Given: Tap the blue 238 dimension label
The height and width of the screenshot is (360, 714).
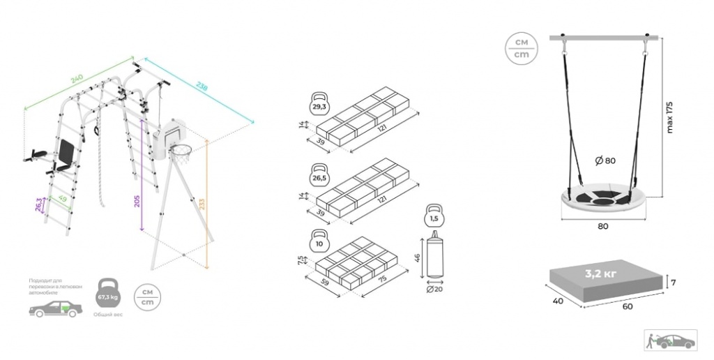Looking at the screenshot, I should point(202,88).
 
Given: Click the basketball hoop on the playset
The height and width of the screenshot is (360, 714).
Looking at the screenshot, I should point(182,151).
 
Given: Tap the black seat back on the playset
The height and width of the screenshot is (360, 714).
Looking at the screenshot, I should point(67,149).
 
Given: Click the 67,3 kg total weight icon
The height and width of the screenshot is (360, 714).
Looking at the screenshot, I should point(107,294).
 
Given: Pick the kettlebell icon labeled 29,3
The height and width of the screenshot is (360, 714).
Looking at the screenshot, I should point(320,105).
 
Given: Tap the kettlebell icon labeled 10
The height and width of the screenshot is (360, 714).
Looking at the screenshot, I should point(320,241).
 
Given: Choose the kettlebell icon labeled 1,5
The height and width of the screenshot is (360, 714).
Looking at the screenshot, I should point(434,216).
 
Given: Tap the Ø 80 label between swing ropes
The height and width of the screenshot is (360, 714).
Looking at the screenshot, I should point(605,161).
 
